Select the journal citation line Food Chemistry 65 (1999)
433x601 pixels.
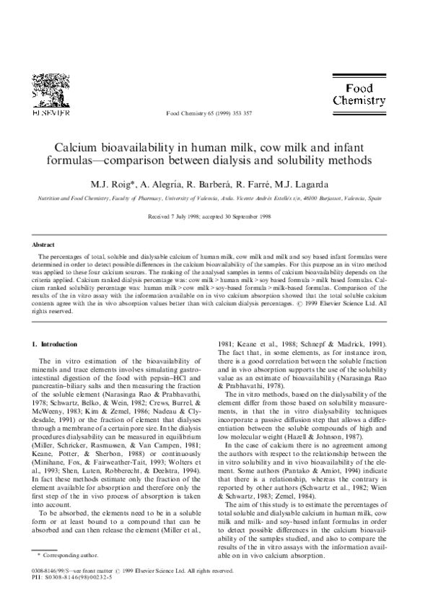click(210, 114)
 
